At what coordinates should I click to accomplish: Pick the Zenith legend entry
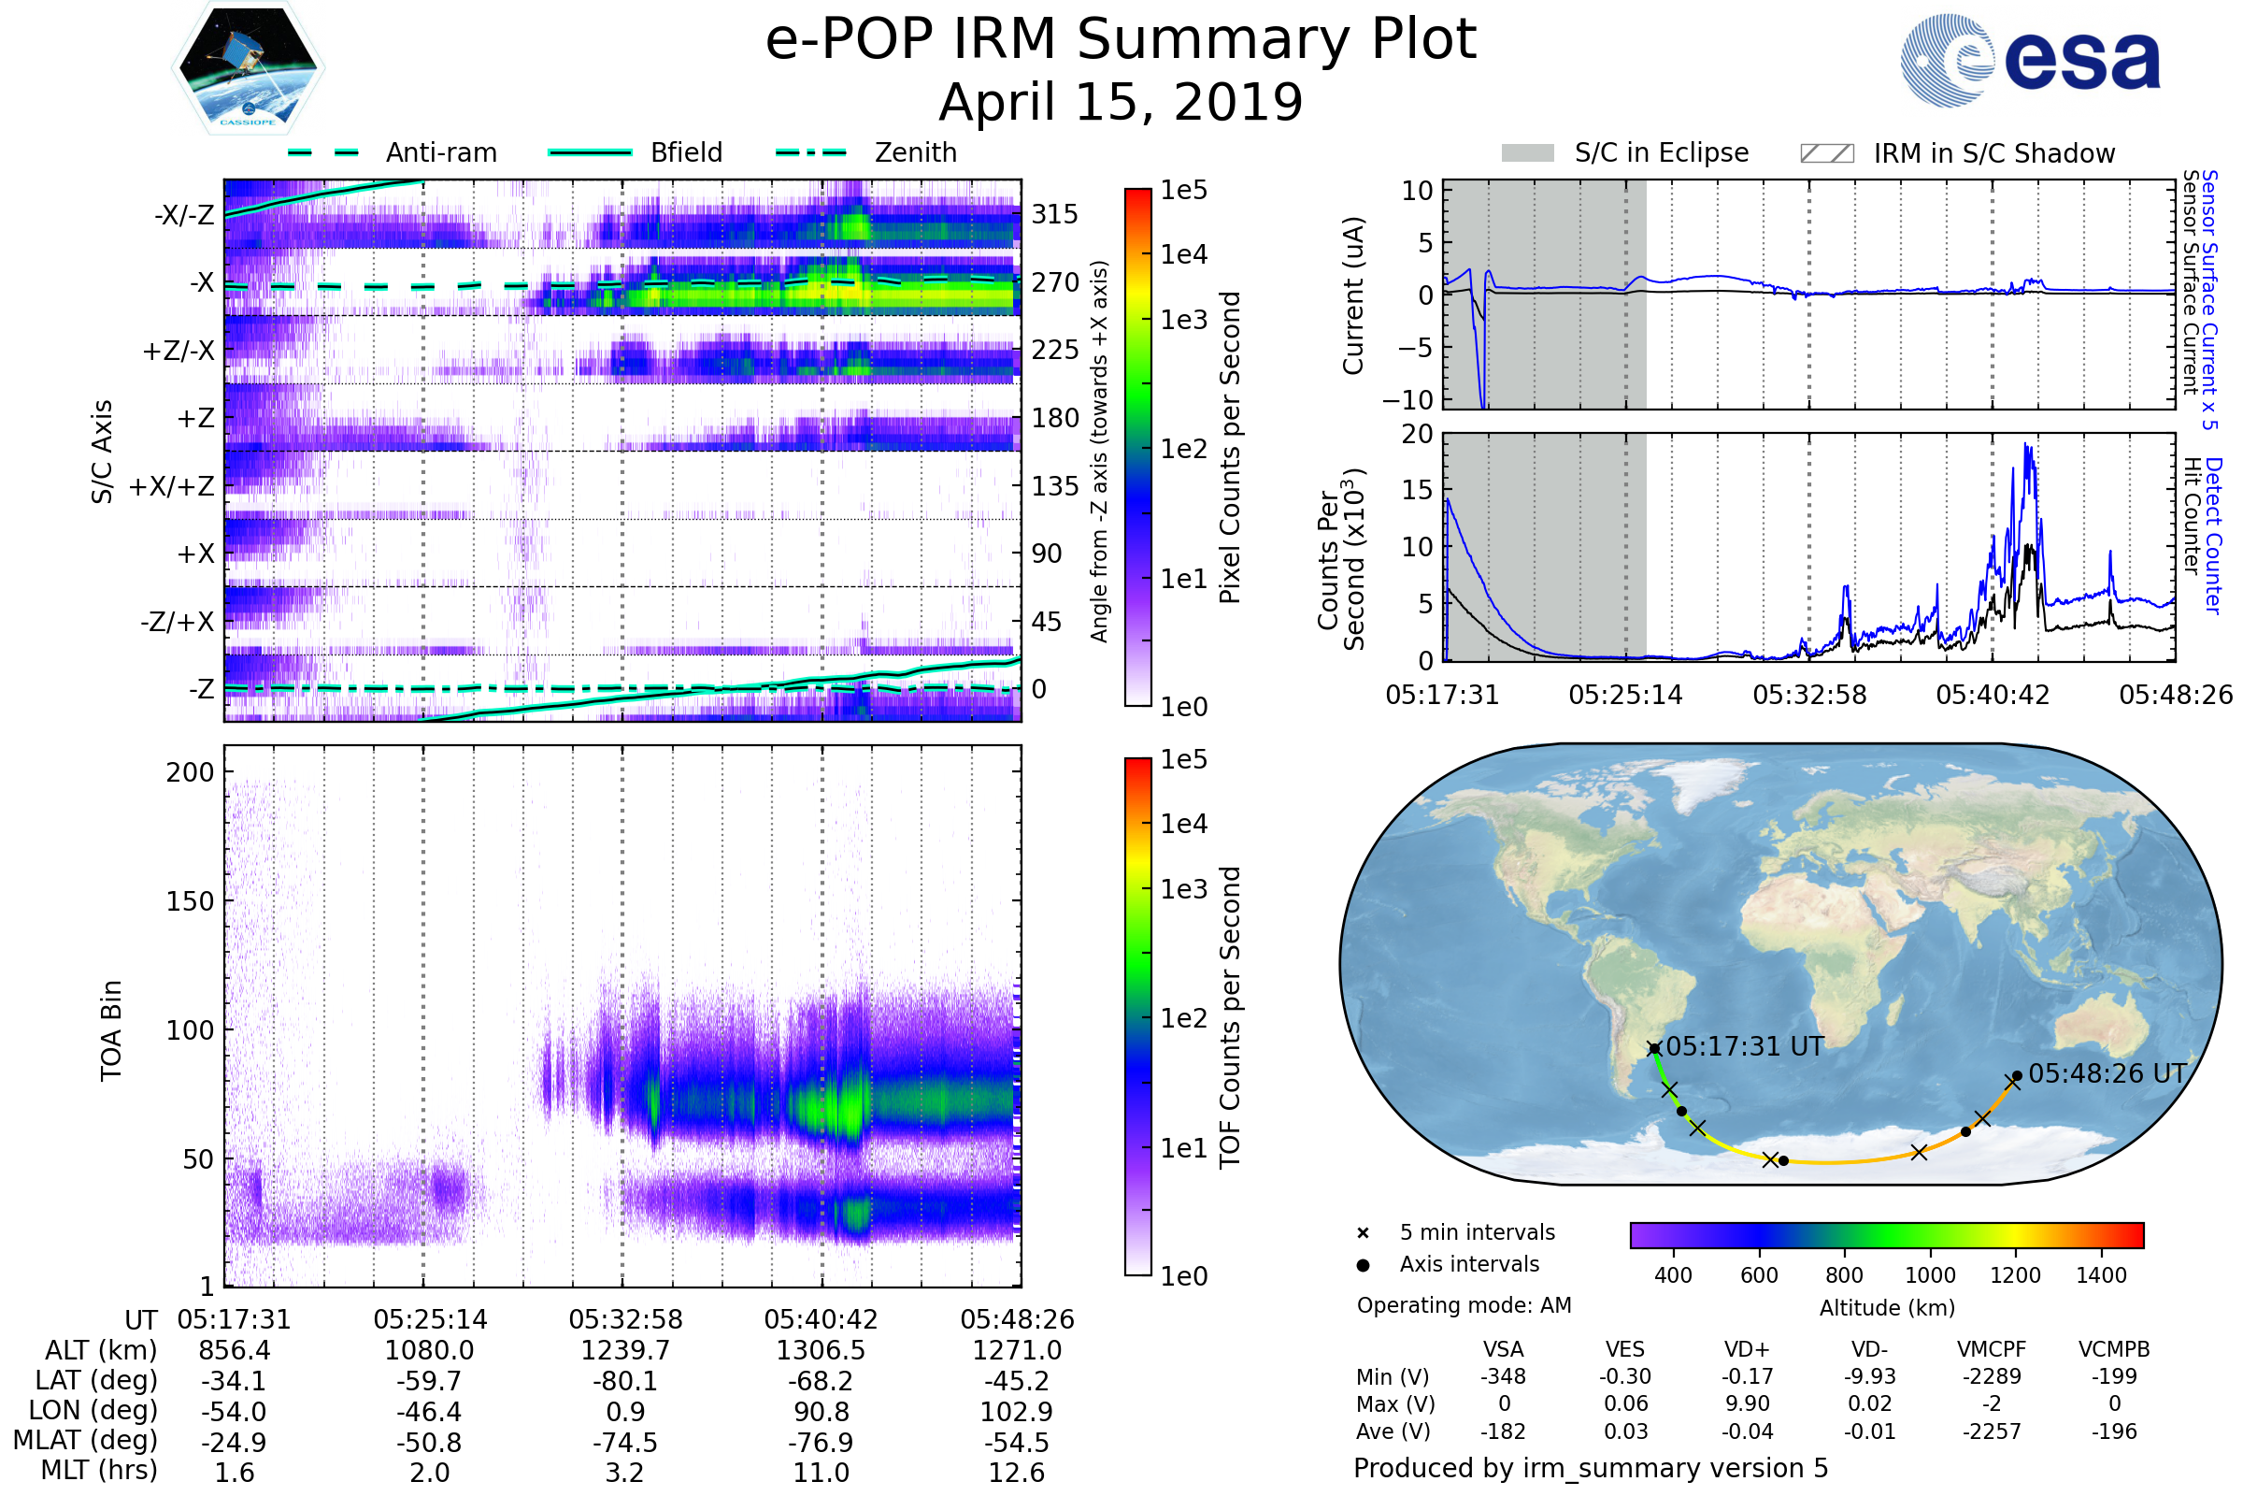click(x=915, y=152)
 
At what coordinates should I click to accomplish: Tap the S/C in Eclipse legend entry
click(x=1661, y=152)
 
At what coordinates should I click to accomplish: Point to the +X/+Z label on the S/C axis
click(x=172, y=486)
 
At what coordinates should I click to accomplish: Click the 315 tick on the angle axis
click(x=1054, y=214)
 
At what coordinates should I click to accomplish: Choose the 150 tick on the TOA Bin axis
click(x=190, y=901)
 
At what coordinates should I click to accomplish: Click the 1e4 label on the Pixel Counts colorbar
click(x=1183, y=254)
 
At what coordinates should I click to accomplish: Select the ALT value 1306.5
click(x=821, y=1350)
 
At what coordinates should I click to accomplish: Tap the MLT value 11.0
click(x=821, y=1472)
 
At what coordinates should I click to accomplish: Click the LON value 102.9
click(x=1017, y=1411)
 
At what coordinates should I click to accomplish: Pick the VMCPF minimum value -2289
click(x=1992, y=1376)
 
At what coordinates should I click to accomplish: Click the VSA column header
click(x=1503, y=1349)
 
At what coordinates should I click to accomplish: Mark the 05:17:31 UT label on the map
click(x=1744, y=1046)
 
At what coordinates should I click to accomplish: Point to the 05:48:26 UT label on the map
click(x=2107, y=1073)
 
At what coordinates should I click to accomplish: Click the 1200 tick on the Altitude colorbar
click(x=2015, y=1274)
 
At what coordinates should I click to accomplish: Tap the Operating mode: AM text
click(x=1464, y=1305)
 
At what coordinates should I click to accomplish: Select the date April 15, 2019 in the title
click(x=1121, y=102)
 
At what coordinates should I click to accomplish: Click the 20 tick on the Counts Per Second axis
click(x=1417, y=434)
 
